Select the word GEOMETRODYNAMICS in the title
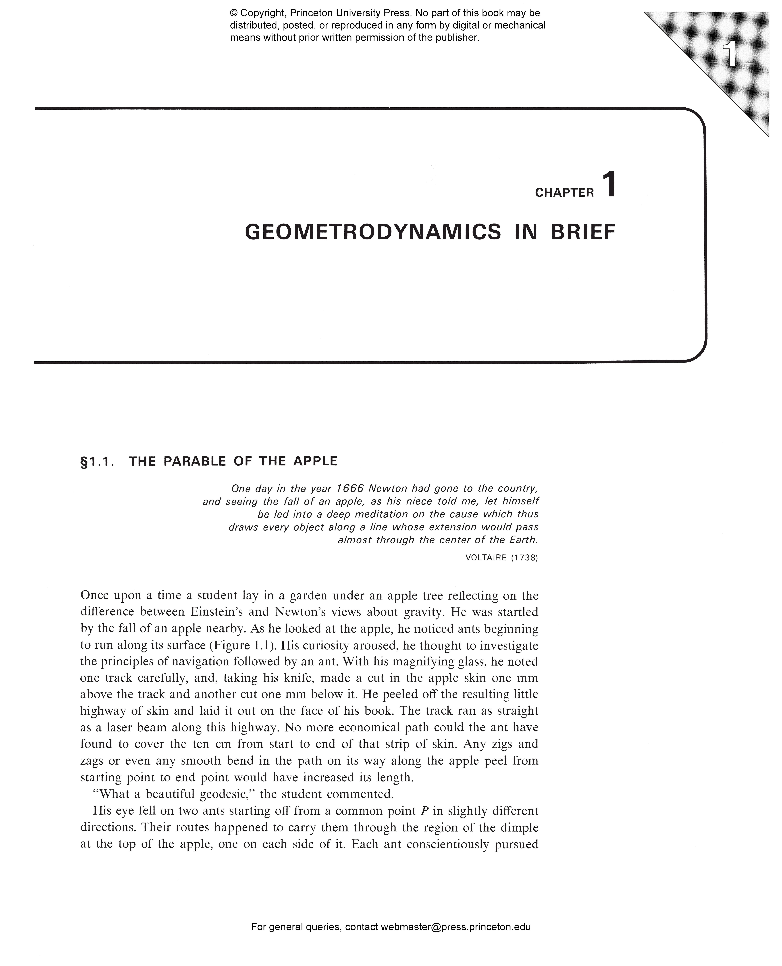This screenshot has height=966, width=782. [372, 232]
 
